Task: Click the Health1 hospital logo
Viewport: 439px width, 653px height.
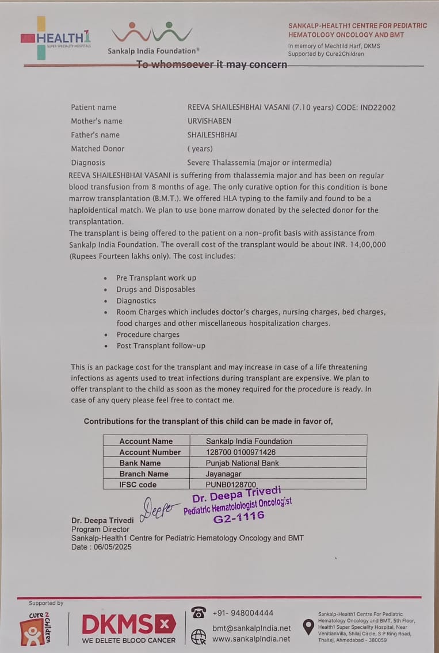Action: [55, 38]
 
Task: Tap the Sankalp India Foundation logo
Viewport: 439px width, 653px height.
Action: [152, 38]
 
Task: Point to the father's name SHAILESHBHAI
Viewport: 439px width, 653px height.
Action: [212, 135]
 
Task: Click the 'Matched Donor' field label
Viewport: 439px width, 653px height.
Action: [97, 149]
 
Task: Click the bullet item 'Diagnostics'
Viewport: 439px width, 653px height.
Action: [136, 301]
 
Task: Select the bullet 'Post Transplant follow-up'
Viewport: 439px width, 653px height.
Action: [161, 346]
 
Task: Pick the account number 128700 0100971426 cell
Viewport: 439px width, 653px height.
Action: [241, 452]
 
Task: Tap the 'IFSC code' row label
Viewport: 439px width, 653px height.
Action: [138, 485]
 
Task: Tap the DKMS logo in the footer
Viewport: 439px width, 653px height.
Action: [128, 624]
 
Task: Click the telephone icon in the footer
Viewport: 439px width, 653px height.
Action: [199, 613]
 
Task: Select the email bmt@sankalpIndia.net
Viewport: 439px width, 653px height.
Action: [251, 628]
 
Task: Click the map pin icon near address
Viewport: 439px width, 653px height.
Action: [308, 627]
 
